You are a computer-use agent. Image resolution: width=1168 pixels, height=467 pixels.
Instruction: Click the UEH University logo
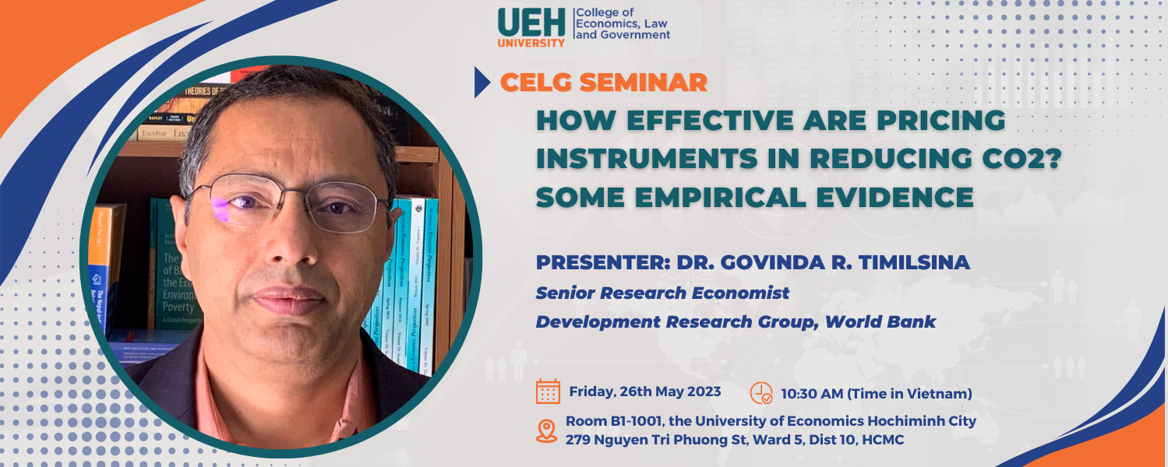[531, 27]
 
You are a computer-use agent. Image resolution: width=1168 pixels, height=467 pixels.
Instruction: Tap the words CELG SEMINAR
[604, 82]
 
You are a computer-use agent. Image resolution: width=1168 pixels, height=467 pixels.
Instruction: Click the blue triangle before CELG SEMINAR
[482, 83]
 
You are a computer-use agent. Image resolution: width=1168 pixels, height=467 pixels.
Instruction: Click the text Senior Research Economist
[662, 293]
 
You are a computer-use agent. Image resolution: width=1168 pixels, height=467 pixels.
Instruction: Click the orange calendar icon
[549, 392]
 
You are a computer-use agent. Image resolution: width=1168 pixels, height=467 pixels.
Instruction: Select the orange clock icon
[760, 393]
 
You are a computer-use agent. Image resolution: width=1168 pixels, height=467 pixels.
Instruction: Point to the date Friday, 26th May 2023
[645, 392]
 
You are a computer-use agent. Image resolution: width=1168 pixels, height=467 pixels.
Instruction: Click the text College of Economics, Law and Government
[622, 24]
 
